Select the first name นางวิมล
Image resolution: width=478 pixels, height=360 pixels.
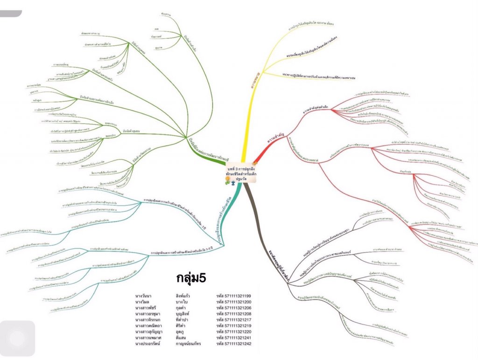point(143,302)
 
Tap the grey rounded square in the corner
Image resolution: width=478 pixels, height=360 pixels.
point(17,338)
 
